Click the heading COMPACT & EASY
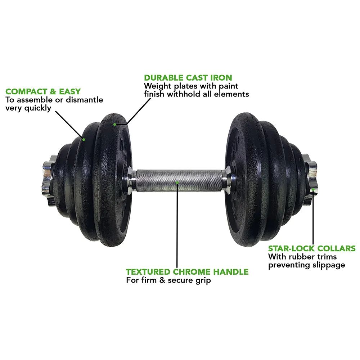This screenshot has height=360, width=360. [43, 91]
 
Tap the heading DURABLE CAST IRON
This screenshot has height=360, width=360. [188, 78]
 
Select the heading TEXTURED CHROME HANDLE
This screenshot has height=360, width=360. [187, 271]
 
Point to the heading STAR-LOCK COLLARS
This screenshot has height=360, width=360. [312, 248]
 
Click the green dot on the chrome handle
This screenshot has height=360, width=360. [177, 183]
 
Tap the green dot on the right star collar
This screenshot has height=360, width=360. [313, 189]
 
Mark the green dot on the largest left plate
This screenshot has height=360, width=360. [114, 125]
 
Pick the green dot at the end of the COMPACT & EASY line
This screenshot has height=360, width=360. [84, 139]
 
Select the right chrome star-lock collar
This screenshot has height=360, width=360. [310, 180]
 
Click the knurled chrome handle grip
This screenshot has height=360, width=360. [179, 181]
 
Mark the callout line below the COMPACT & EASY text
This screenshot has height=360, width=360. [69, 125]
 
